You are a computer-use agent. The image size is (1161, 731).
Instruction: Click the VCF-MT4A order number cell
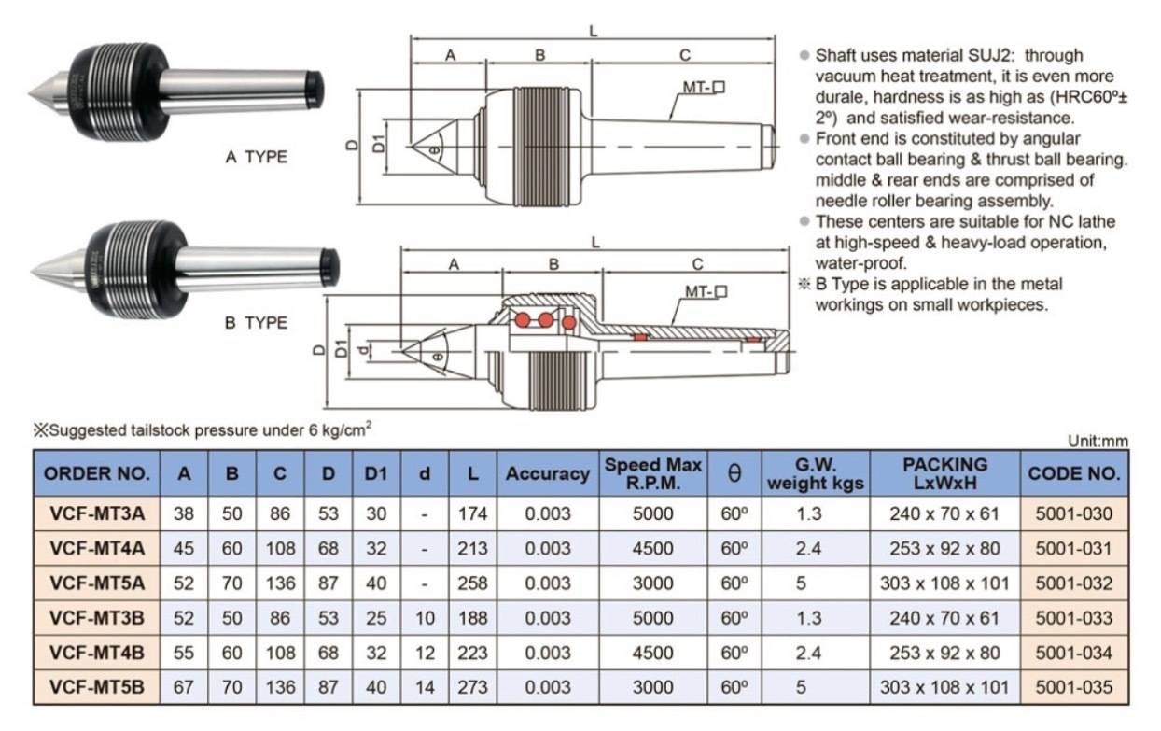pyautogui.click(x=97, y=548)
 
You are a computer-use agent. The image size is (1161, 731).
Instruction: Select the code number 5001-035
pyautogui.click(x=1074, y=687)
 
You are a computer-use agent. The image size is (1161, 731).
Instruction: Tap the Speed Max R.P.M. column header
pyautogui.click(x=653, y=473)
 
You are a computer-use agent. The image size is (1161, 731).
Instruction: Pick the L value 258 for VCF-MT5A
pyautogui.click(x=472, y=583)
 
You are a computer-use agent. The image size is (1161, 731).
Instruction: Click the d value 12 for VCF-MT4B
pyautogui.click(x=425, y=653)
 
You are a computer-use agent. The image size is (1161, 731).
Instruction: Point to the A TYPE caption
pyautogui.click(x=256, y=157)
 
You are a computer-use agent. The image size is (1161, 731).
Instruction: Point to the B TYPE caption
pyautogui.click(x=256, y=323)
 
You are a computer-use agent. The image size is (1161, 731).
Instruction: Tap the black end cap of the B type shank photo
pyautogui.click(x=329, y=268)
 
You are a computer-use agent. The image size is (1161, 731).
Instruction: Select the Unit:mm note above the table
pyautogui.click(x=1098, y=442)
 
